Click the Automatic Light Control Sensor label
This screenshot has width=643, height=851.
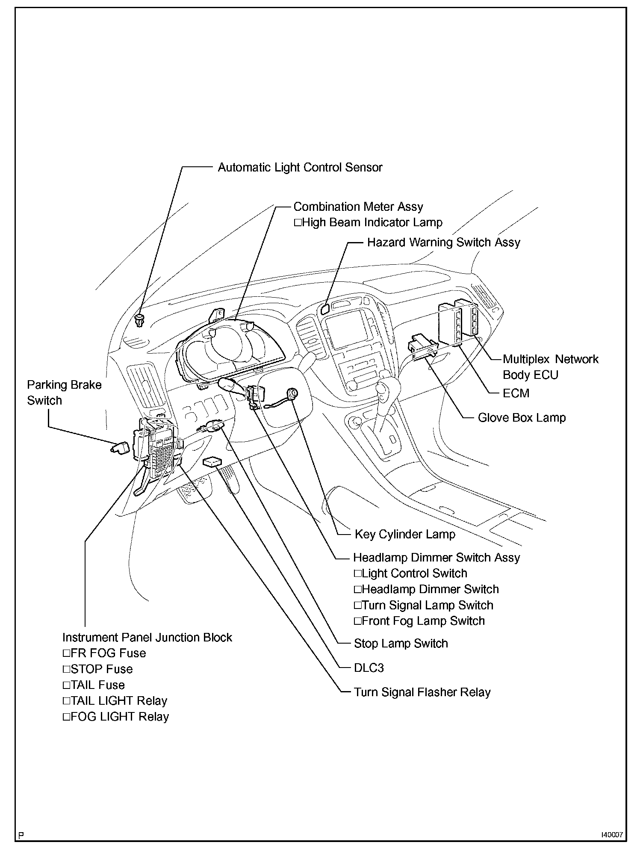(x=300, y=167)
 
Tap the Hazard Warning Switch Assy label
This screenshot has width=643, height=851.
(x=443, y=242)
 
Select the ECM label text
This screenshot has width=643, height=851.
(x=516, y=393)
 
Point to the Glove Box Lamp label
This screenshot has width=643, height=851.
(x=522, y=418)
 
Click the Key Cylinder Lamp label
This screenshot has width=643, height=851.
(x=405, y=534)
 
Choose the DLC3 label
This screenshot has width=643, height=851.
(x=369, y=668)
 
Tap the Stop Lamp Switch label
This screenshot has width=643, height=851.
(x=401, y=644)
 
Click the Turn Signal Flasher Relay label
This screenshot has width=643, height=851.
(x=422, y=692)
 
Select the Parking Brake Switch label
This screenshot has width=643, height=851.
(x=64, y=393)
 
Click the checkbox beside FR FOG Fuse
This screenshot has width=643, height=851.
(x=66, y=653)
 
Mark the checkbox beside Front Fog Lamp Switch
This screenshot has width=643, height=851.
(x=357, y=621)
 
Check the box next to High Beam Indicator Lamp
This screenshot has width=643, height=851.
(x=298, y=223)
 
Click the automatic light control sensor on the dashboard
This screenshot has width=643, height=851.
(x=140, y=319)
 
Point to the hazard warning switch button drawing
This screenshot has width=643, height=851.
(x=325, y=309)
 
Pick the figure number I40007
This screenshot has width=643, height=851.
(x=612, y=834)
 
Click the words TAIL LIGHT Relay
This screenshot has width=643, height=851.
(x=119, y=701)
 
